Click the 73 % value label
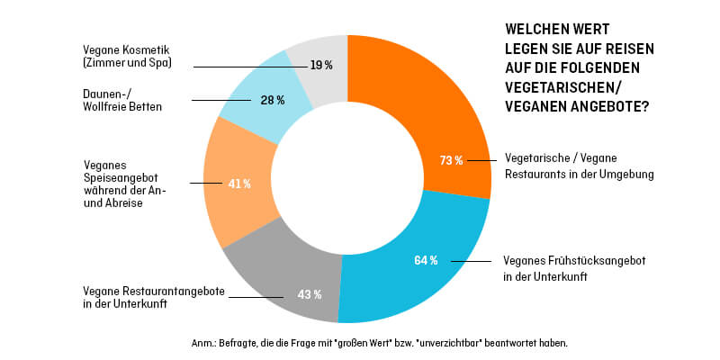tap(451, 160)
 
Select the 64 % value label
tap(426, 261)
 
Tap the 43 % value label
tap(310, 293)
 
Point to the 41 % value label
tap(239, 184)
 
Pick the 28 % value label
tap(273, 100)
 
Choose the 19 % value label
tap(321, 66)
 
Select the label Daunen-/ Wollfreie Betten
tap(114, 100)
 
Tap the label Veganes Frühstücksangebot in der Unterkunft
tap(573, 268)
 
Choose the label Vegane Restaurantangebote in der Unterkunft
tap(139, 298)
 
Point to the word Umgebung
tap(625, 173)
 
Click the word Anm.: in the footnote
tap(205, 343)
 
